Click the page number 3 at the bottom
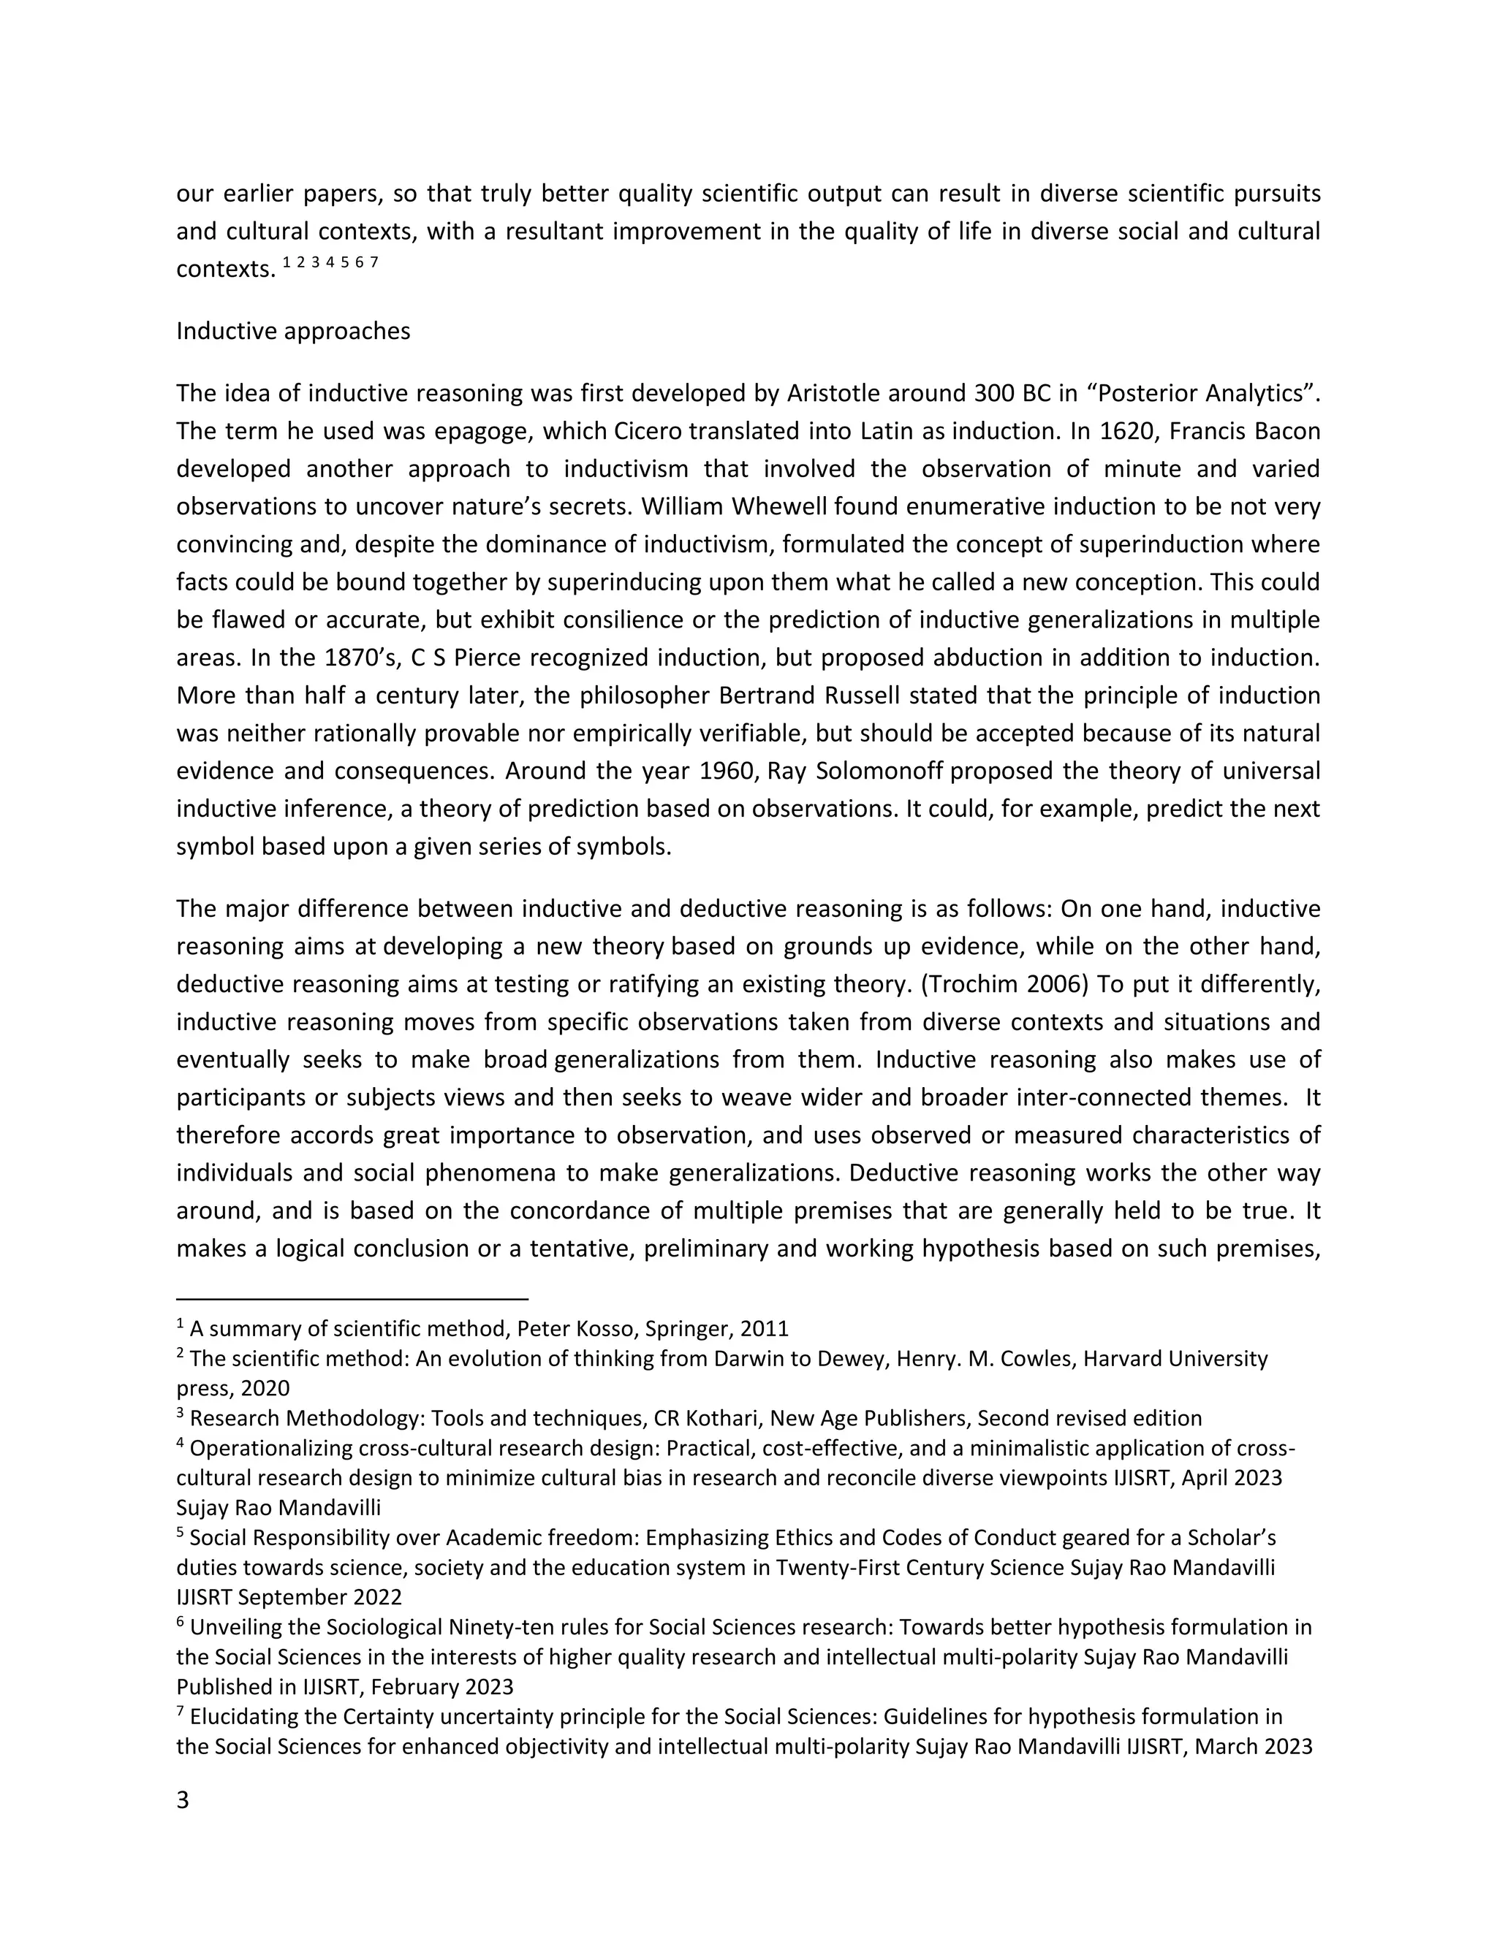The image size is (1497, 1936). (x=183, y=1800)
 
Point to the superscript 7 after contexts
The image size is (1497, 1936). (x=374, y=262)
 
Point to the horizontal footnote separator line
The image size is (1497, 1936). (x=352, y=1299)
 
